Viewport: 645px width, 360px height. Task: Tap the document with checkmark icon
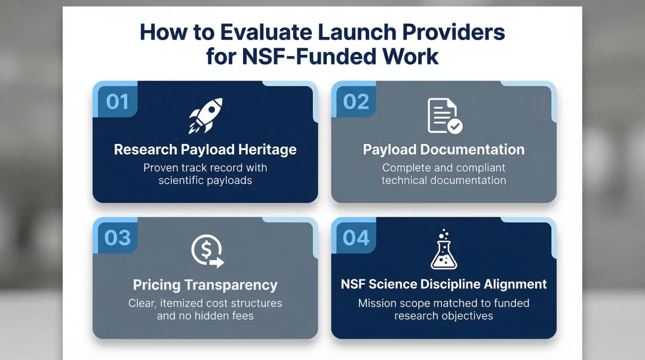(x=444, y=116)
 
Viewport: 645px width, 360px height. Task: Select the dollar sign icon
(x=207, y=251)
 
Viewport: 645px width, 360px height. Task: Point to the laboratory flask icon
(x=444, y=250)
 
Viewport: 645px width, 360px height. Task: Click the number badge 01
(x=117, y=102)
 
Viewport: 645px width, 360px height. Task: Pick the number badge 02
(x=356, y=102)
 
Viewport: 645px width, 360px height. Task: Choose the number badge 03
(x=117, y=238)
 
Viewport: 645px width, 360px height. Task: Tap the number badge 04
(x=356, y=238)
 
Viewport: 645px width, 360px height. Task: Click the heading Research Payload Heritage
(x=205, y=149)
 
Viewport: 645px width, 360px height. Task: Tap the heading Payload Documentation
(x=444, y=149)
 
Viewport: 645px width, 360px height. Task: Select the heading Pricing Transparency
(x=205, y=285)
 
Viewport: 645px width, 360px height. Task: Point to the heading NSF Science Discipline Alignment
(x=444, y=284)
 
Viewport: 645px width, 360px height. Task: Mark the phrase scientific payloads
(x=205, y=180)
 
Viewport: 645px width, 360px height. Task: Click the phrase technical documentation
(x=444, y=180)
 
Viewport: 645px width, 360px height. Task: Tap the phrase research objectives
(x=444, y=315)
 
